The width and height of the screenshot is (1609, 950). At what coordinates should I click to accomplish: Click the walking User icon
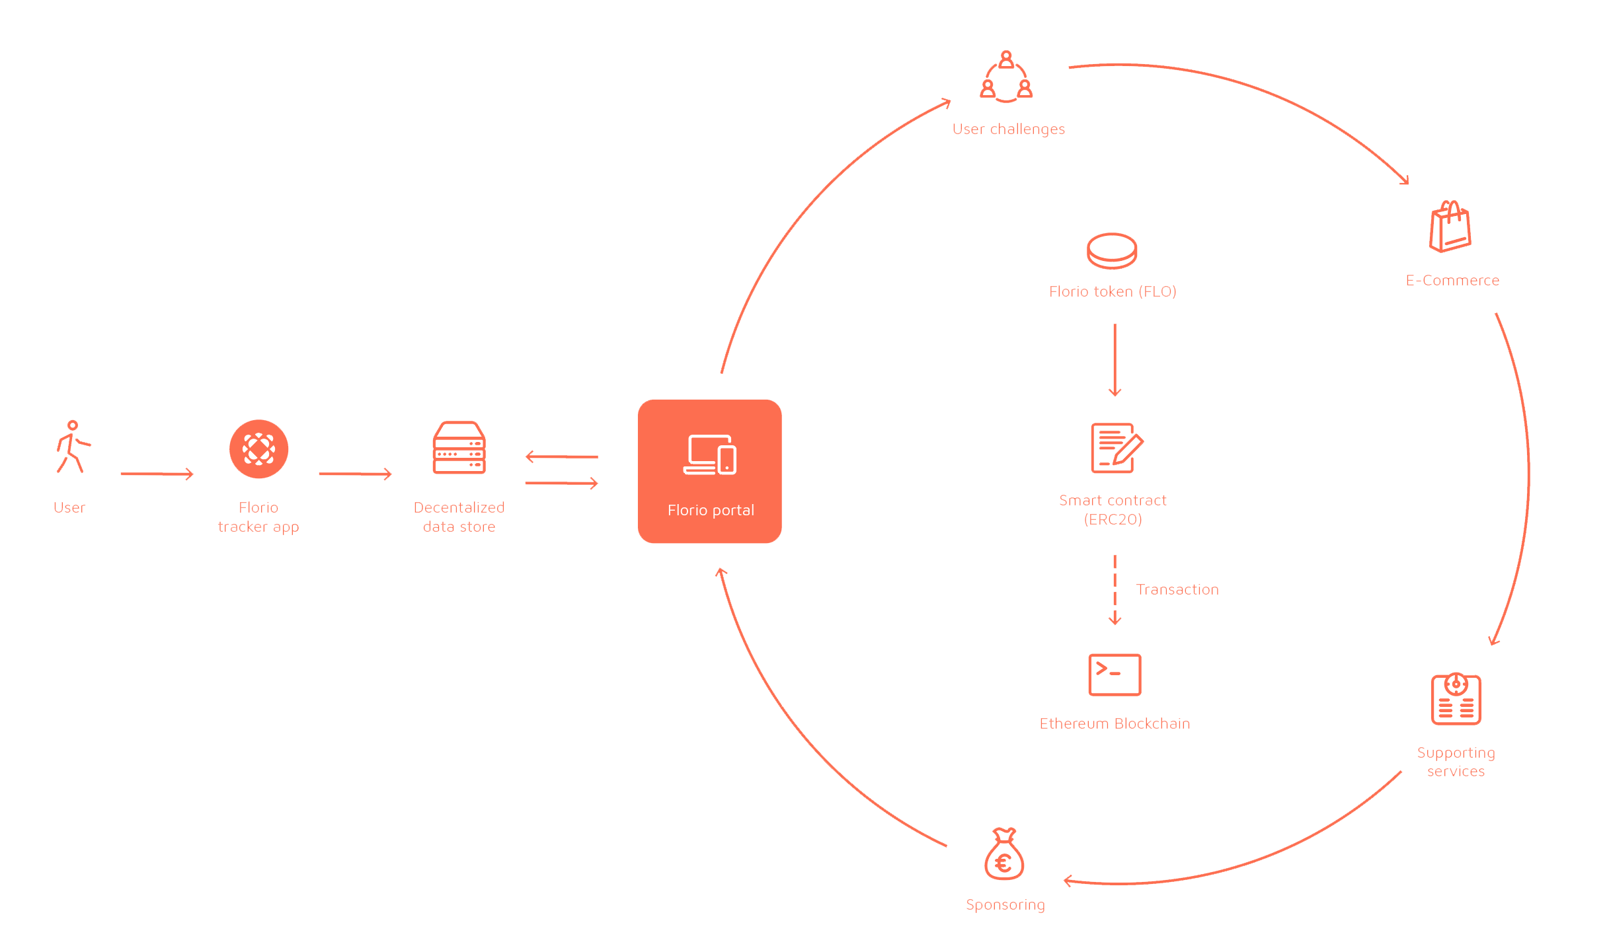pos(73,447)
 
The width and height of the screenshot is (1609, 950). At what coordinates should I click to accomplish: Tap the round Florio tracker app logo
pos(258,449)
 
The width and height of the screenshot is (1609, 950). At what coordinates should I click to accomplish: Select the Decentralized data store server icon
pos(459,447)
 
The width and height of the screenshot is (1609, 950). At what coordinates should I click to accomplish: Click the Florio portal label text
pos(711,510)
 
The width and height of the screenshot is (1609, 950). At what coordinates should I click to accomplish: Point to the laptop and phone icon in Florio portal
pos(710,455)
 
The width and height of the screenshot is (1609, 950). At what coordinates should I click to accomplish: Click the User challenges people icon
pos(1006,77)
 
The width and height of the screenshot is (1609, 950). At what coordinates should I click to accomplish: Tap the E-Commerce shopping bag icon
pos(1450,227)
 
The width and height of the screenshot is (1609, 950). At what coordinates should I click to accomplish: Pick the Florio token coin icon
pos(1112,250)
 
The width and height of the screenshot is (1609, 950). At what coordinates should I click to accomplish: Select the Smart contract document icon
pos(1117,448)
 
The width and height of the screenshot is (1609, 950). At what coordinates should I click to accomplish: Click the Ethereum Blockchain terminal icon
pos(1115,675)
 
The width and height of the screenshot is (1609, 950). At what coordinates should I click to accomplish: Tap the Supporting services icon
pos(1456,698)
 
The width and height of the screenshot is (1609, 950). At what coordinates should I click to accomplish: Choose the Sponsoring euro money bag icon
pos(1004,854)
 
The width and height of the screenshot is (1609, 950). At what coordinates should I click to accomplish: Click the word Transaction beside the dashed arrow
pos(1177,589)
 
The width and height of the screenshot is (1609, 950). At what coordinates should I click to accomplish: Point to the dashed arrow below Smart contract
pos(1115,590)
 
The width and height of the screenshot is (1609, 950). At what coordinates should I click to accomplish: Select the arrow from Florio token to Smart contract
pos(1115,360)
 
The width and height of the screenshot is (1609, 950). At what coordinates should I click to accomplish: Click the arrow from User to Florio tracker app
pos(157,474)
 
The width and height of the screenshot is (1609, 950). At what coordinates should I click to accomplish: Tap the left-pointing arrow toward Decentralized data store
pos(562,457)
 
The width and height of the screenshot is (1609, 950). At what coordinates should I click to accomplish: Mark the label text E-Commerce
pos(1452,280)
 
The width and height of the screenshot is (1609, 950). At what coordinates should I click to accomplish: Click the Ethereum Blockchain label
pos(1115,723)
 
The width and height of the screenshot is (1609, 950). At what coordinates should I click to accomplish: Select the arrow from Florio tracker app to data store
pos(356,474)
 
